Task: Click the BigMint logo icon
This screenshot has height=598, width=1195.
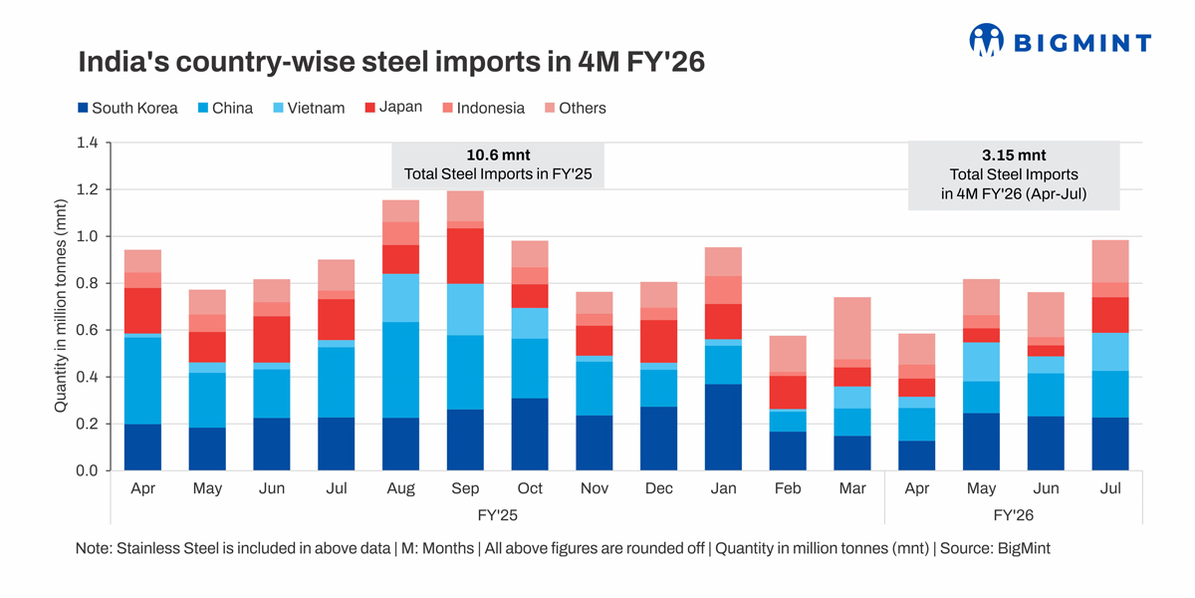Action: (986, 40)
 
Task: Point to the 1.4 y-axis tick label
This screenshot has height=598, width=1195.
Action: (87, 143)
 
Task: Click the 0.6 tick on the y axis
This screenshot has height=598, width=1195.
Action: (87, 330)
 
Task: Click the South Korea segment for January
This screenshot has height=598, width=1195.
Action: (723, 427)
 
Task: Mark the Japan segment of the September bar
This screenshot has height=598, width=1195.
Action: (465, 256)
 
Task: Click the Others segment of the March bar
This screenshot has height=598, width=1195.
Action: (851, 328)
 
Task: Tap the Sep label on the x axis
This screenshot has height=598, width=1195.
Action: (465, 488)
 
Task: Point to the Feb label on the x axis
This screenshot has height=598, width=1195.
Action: (788, 488)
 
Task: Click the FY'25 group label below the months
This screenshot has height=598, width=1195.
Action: (497, 515)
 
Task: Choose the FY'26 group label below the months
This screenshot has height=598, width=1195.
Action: (1014, 515)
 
